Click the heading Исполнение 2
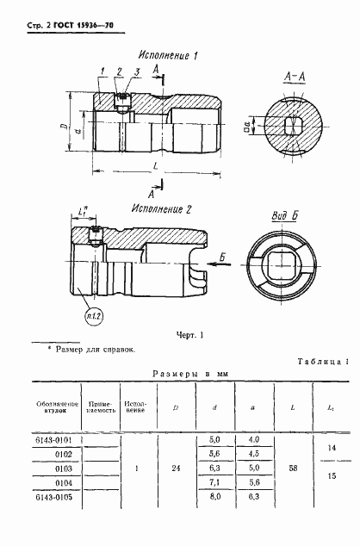[164, 208]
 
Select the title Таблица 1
[322, 363]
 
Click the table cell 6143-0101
[57, 439]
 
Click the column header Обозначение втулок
[57, 406]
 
